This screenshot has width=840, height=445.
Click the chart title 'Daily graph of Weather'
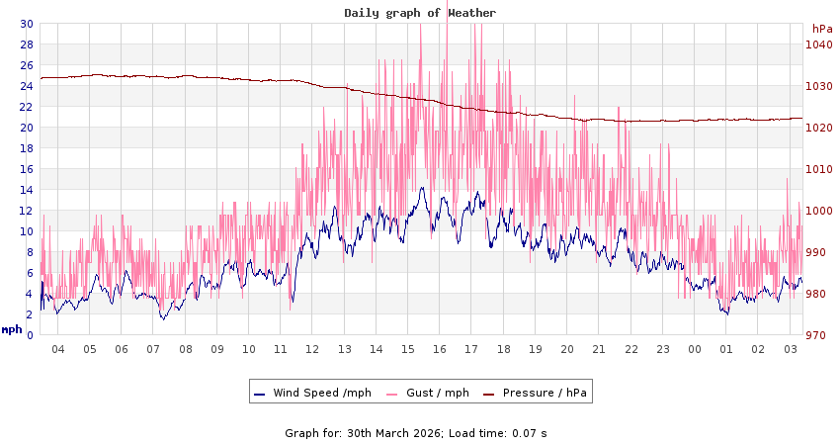(x=420, y=13)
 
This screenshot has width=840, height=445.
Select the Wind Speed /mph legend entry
(x=312, y=393)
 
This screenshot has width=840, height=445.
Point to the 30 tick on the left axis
(x=26, y=24)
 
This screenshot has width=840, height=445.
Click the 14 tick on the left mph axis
(x=26, y=190)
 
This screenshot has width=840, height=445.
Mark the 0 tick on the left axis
(x=29, y=335)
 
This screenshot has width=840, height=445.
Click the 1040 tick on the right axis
(x=818, y=44)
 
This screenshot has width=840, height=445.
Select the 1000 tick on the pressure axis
(x=818, y=211)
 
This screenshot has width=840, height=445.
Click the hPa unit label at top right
(x=822, y=29)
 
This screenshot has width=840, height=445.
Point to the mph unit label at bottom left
(x=11, y=329)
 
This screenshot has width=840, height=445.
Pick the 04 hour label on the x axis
(x=57, y=349)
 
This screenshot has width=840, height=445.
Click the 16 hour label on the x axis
(x=440, y=349)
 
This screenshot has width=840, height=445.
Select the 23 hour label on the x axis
(x=663, y=349)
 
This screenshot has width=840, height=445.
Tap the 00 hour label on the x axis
(x=695, y=349)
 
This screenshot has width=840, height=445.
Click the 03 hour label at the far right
(x=791, y=349)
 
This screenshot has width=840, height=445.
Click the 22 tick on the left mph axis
(x=26, y=107)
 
